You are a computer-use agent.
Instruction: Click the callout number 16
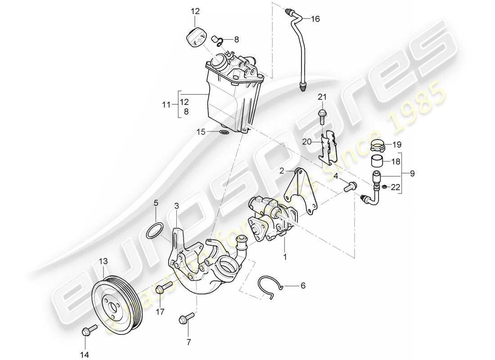point(315,19)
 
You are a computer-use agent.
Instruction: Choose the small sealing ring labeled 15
point(224,132)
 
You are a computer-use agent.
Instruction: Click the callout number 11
point(167,105)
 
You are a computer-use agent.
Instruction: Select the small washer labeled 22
point(385,186)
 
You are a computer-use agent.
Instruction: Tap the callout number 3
point(177,207)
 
